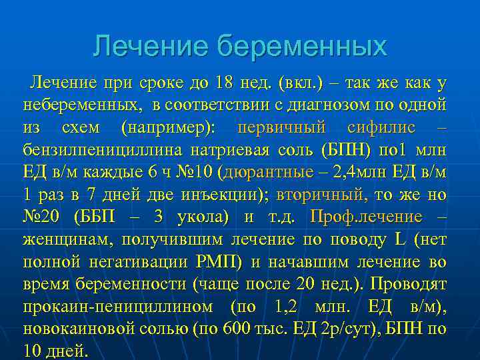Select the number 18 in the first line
[224, 83]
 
